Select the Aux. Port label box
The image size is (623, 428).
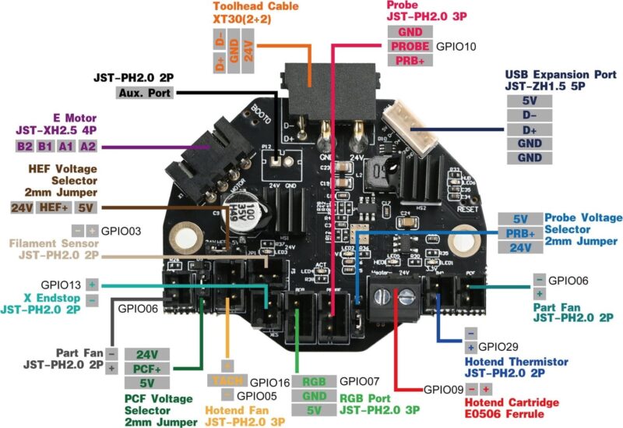[143, 93]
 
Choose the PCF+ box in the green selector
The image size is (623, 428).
[147, 368]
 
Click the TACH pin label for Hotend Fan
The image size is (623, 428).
[226, 382]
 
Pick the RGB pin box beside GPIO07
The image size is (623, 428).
[315, 382]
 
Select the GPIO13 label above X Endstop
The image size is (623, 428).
[59, 285]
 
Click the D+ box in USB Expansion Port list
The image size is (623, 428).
[530, 129]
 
